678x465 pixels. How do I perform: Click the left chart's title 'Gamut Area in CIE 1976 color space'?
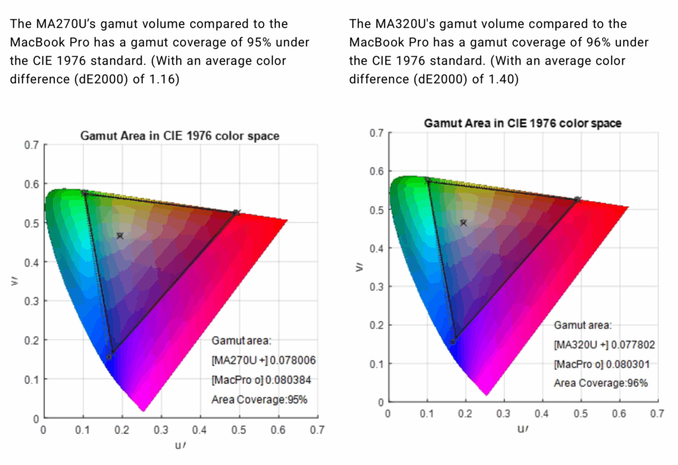point(179,136)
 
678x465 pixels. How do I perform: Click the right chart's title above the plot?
point(522,123)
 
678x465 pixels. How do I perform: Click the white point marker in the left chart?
point(120,235)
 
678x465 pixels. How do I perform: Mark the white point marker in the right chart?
point(463,223)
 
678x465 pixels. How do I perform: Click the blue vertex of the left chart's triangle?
point(110,356)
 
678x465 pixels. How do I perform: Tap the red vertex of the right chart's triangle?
point(577,199)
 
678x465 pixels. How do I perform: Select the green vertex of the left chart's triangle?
point(84,192)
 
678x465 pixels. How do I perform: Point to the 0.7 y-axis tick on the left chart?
point(31,144)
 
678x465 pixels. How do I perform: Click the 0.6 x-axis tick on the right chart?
point(618,413)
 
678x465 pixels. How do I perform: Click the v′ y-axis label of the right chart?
point(360,266)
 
